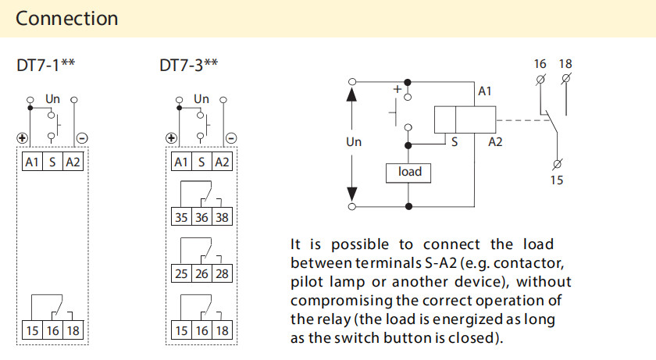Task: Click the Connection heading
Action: point(67,18)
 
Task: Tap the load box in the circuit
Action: point(409,172)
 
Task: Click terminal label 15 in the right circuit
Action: point(556,180)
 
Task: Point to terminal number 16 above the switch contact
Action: point(540,63)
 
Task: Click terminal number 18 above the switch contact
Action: point(565,63)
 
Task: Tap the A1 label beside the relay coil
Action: point(484,92)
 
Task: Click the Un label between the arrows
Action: point(354,142)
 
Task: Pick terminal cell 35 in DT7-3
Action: point(181,218)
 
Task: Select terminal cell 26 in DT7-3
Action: point(201,273)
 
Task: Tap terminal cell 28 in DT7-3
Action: point(223,273)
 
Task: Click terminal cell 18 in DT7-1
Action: point(73,330)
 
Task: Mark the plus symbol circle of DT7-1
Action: point(23,139)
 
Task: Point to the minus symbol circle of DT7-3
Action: point(231,139)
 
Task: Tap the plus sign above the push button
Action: point(397,90)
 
